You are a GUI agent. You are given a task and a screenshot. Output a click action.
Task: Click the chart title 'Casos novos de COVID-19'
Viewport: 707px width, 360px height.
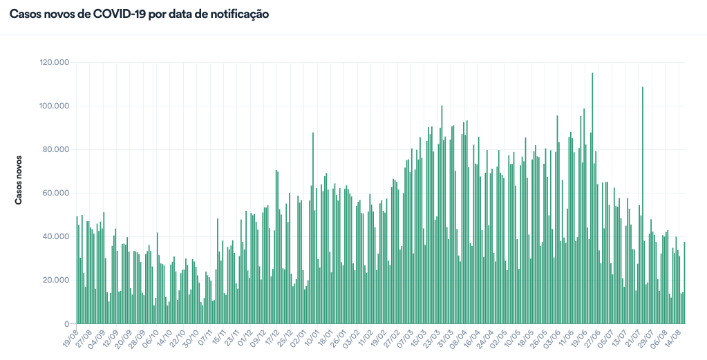click(x=139, y=14)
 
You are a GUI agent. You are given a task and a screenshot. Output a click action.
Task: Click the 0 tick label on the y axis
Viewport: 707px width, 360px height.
click(x=66, y=323)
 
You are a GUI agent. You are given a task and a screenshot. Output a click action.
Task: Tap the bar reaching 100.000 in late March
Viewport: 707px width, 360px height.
click(x=442, y=215)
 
